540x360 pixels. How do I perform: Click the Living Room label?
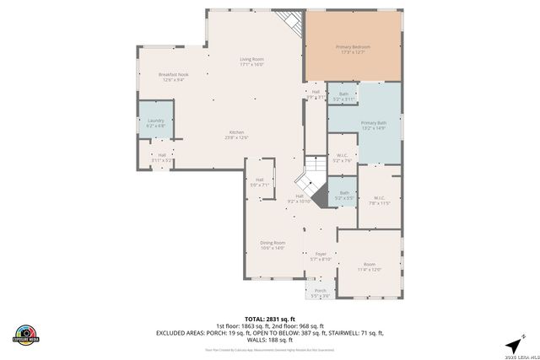click(251, 62)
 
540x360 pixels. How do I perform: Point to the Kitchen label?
click(237, 135)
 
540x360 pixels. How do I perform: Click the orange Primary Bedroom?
click(354, 49)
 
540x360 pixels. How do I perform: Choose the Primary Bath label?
click(373, 126)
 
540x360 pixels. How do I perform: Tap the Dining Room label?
click(273, 245)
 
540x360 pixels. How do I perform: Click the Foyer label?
click(321, 256)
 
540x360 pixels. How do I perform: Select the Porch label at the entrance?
click(321, 293)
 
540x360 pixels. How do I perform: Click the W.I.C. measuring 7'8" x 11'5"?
click(379, 200)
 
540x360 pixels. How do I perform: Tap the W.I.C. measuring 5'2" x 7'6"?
click(343, 158)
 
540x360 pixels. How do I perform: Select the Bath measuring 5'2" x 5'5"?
click(344, 196)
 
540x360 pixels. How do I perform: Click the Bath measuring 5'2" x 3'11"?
click(343, 96)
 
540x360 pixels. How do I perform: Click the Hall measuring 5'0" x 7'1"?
click(260, 182)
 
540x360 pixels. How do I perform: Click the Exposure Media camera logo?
click(26, 335)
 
